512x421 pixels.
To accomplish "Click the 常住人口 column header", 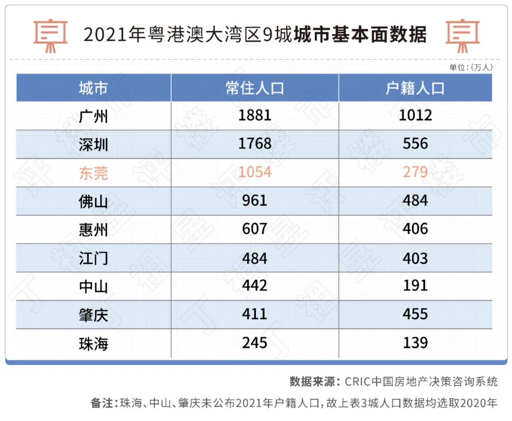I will [255, 88].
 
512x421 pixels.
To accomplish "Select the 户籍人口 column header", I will [415, 88].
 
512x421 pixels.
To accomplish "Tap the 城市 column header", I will [93, 88].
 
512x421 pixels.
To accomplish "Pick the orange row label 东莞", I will [93, 173].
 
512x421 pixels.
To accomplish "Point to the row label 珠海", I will [93, 343].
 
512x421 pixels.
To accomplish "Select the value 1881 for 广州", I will [255, 115].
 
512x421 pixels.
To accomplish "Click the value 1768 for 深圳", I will [255, 144].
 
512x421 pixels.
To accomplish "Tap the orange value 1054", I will [255, 172].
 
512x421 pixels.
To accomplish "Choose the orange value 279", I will [415, 172].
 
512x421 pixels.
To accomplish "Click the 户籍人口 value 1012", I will [415, 115].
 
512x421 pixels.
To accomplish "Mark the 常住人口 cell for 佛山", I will [255, 201].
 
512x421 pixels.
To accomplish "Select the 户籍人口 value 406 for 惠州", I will [415, 229].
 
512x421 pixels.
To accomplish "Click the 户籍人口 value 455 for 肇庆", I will [415, 314].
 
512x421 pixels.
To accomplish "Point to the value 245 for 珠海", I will [255, 342].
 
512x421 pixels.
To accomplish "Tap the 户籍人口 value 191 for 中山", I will [415, 285].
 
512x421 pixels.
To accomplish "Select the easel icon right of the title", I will [462, 35].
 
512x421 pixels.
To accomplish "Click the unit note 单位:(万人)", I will [470, 67].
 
